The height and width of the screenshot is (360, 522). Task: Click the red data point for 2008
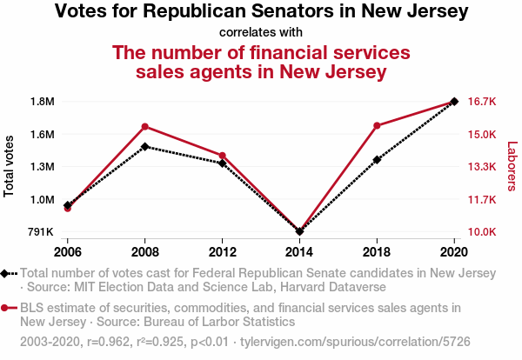pyautogui.click(x=145, y=127)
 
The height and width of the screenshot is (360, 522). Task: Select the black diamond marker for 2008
pyautogui.click(x=145, y=147)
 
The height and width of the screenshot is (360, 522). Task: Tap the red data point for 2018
pyautogui.click(x=377, y=126)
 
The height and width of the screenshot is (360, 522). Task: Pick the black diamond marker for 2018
pyautogui.click(x=377, y=160)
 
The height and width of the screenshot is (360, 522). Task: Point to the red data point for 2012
pyautogui.click(x=223, y=156)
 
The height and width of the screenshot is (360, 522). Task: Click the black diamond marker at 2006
pyautogui.click(x=68, y=205)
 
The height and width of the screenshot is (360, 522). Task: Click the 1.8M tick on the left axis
pyautogui.click(x=42, y=102)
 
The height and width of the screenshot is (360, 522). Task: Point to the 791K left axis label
pyautogui.click(x=41, y=232)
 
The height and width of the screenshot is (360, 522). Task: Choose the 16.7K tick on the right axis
pyautogui.click(x=481, y=102)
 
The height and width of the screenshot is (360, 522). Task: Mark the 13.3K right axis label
pyautogui.click(x=481, y=167)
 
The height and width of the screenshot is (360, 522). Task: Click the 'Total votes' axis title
pyautogui.click(x=10, y=166)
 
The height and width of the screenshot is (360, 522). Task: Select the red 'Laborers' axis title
pyautogui.click(x=512, y=167)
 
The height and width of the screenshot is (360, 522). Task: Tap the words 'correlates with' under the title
pyautogui.click(x=261, y=33)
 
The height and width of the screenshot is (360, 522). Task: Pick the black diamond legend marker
pyautogui.click(x=5, y=274)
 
